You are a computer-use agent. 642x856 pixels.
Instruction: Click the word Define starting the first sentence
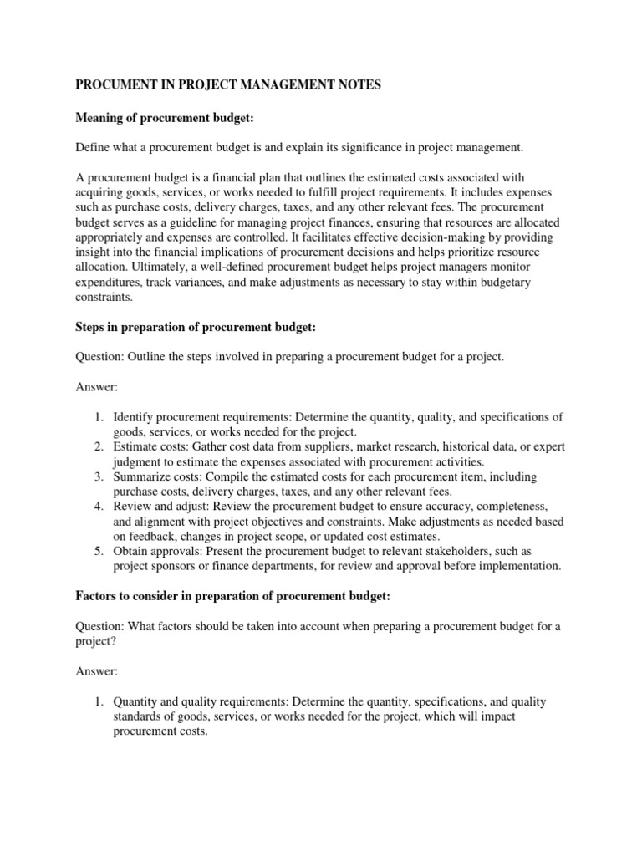pyautogui.click(x=94, y=148)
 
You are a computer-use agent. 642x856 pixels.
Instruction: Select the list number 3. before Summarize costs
pyautogui.click(x=99, y=476)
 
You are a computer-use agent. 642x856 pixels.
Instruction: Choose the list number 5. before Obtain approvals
pyautogui.click(x=99, y=551)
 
